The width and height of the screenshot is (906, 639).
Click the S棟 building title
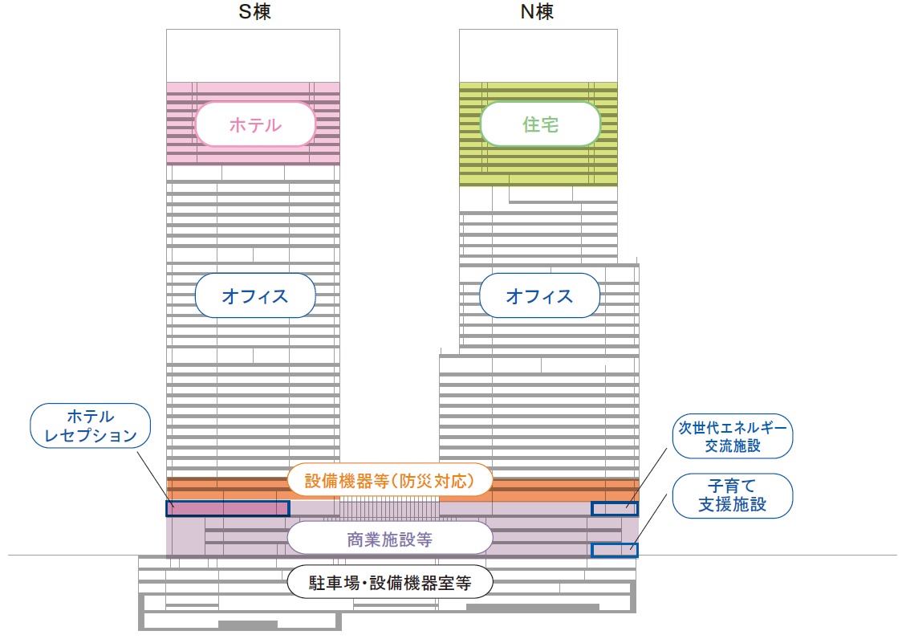tap(254, 11)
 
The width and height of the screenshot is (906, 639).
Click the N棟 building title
tap(537, 11)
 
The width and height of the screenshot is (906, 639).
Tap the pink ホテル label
tap(255, 124)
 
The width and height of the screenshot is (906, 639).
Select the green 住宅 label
tap(540, 124)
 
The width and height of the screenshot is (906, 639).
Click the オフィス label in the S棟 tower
tap(255, 295)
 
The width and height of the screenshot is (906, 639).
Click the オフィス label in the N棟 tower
tap(540, 295)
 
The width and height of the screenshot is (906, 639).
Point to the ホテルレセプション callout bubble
tap(90, 425)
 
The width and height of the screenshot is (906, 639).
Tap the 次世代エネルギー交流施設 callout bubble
tap(733, 436)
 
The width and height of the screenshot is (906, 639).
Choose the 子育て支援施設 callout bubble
tap(733, 496)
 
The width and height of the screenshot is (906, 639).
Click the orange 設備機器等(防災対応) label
tap(389, 480)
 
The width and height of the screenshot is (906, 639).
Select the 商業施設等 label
tap(389, 539)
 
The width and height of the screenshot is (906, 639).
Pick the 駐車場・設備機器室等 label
tap(390, 582)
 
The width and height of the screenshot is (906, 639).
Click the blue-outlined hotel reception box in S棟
tap(228, 508)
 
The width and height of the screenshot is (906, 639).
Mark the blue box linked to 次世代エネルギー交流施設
tap(614, 509)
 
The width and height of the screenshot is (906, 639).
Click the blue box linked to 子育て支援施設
tap(614, 550)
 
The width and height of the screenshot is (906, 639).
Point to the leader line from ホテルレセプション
tap(156, 479)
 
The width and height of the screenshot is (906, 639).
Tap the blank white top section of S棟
tap(253, 55)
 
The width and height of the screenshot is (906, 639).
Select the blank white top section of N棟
tap(538, 55)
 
